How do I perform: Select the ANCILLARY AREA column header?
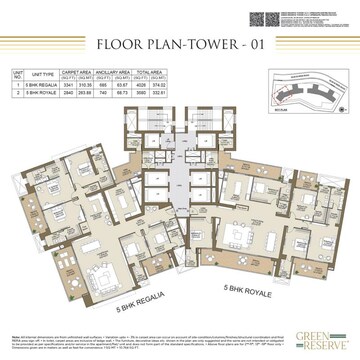coord(146,73)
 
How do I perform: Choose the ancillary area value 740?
coord(135,96)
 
